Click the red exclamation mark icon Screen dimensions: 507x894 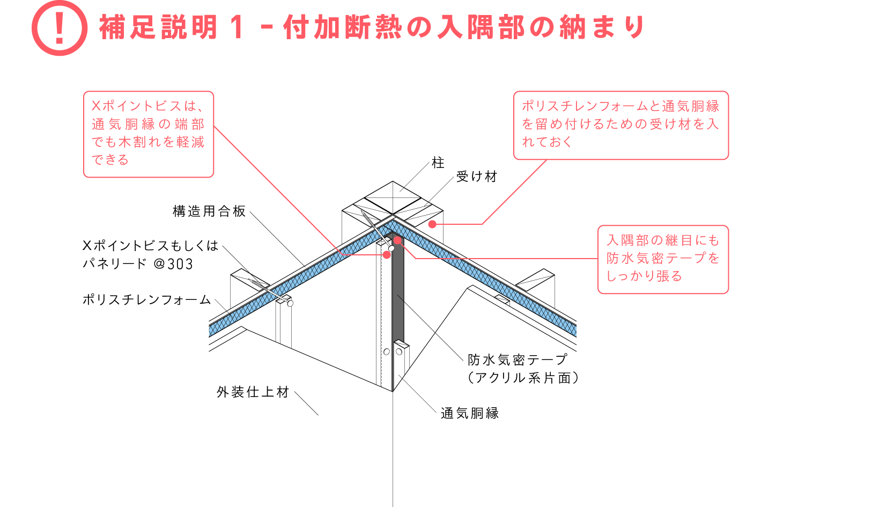tap(59, 28)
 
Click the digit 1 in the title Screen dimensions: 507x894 tap(235, 27)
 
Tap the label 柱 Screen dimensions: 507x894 tap(438, 163)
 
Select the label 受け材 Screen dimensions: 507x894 tap(477, 177)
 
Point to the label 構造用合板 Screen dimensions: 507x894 tap(209, 211)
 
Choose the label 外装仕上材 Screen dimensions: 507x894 tap(253, 392)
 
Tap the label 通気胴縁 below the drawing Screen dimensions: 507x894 tap(470, 413)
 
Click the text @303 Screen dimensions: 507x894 tap(173, 264)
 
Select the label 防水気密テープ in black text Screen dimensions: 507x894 tap(517, 359)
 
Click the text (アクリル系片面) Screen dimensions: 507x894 tap(523, 378)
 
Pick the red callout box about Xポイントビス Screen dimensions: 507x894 tap(149, 134)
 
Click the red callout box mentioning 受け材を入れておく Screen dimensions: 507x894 tap(621, 125)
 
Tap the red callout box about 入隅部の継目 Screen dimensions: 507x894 tap(663, 259)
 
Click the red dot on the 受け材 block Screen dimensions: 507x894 tap(432, 224)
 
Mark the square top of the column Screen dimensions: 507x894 tap(393, 199)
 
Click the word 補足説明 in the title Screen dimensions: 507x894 tap(158, 27)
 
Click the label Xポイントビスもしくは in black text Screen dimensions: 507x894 tap(150, 246)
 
